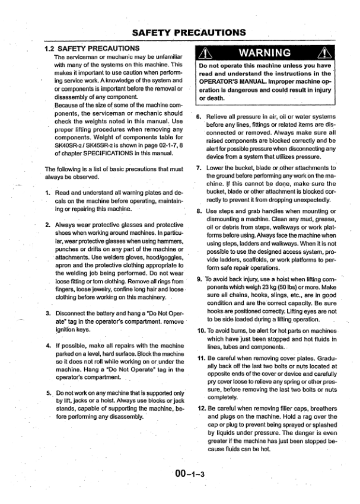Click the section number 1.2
click(x=53, y=47)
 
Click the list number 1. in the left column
click(x=48, y=193)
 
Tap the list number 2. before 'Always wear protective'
click(x=48, y=226)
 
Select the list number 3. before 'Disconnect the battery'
click(x=48, y=313)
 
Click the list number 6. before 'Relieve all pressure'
click(x=199, y=117)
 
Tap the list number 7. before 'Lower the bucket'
click(x=199, y=169)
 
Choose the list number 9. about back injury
click(x=199, y=279)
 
